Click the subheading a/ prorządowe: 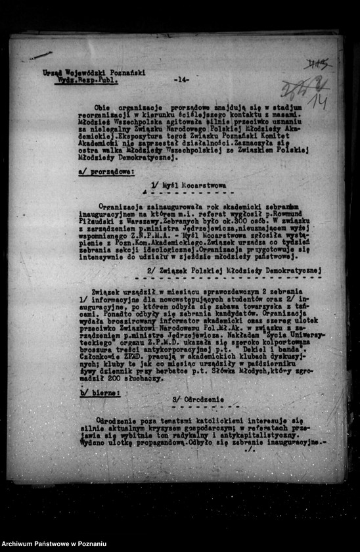[106, 172]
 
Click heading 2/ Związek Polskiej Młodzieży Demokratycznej [233, 270]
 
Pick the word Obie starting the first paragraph [102, 106]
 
